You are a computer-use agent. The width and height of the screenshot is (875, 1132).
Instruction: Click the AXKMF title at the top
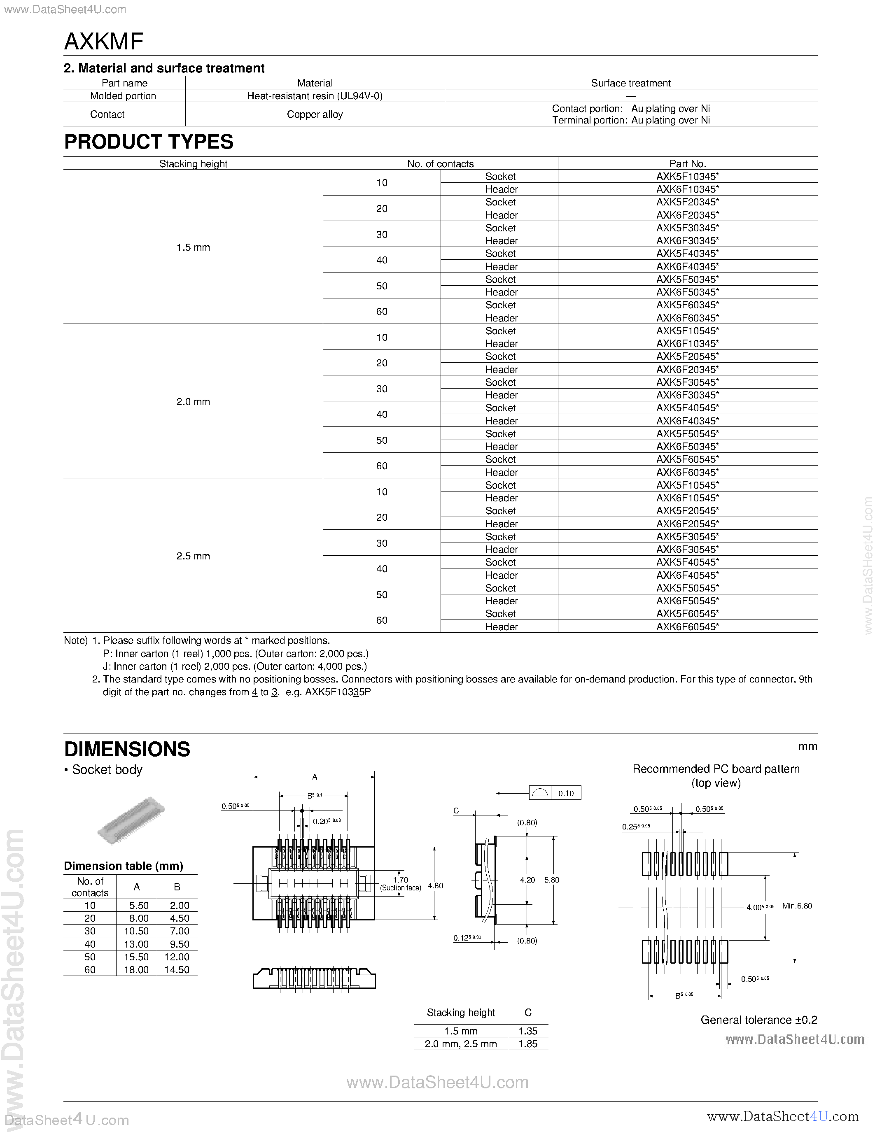pos(104,42)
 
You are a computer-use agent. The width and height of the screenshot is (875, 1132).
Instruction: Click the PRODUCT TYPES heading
pos(149,142)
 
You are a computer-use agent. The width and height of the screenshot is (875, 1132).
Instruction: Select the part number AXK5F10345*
pos(687,176)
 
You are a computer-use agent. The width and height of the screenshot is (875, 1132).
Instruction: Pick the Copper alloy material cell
pos(315,114)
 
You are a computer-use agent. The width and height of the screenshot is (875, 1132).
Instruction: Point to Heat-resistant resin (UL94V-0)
pos(315,96)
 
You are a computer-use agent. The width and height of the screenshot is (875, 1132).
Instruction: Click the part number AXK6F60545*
pos(687,626)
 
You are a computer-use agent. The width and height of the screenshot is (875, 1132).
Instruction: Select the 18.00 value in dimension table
pos(136,970)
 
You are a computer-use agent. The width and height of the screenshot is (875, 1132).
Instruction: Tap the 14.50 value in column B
pos(177,970)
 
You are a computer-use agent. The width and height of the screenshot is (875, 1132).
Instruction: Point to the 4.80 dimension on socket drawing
pos(435,886)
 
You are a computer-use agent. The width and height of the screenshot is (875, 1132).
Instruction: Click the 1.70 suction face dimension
pos(401,880)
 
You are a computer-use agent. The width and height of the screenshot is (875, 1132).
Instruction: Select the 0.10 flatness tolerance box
pos(565,793)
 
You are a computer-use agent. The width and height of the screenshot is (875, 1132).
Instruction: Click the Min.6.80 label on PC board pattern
pos(797,906)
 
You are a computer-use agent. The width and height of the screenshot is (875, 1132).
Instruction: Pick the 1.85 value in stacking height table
pos(528,1044)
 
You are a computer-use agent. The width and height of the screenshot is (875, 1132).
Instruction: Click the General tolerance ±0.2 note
pos(758,1020)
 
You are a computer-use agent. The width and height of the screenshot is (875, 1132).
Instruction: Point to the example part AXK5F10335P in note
pos(338,692)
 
